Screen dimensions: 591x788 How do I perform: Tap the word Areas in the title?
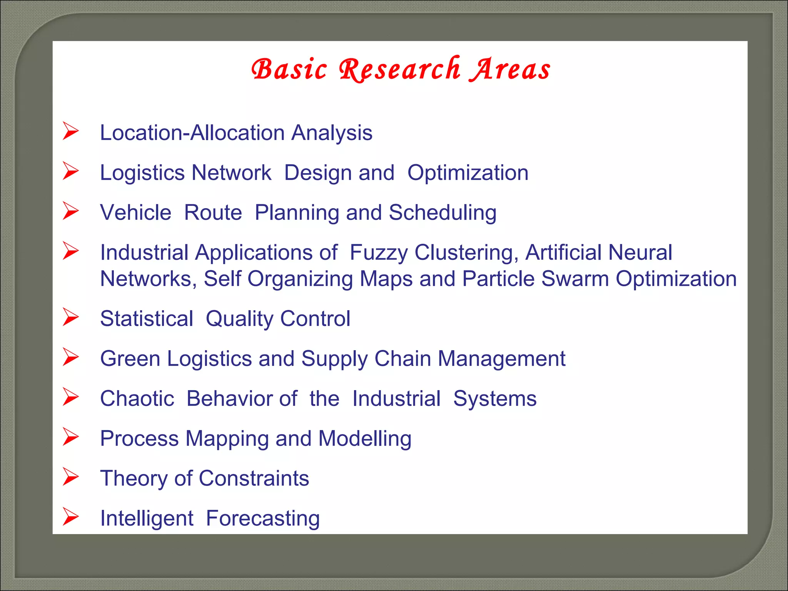point(510,69)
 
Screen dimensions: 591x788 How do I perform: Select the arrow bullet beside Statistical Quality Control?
point(71,317)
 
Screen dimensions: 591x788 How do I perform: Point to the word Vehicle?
point(135,212)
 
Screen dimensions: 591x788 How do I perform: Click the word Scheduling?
point(442,212)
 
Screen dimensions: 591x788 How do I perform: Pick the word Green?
point(130,359)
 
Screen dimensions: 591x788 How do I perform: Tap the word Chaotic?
point(137,399)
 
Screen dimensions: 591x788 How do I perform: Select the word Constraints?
point(254,478)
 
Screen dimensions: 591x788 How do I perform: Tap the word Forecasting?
point(263,519)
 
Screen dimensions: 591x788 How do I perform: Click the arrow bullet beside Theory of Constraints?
point(71,477)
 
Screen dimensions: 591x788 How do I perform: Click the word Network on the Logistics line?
point(232,172)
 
